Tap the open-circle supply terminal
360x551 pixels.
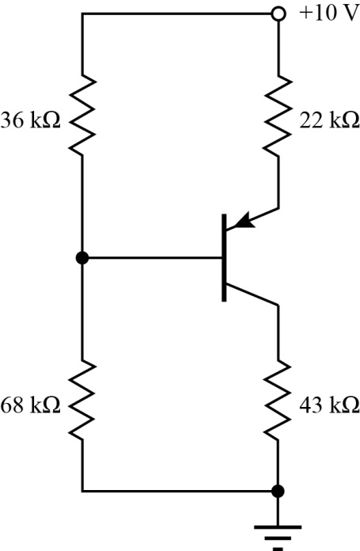click(x=278, y=14)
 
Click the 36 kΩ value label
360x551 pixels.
click(x=33, y=123)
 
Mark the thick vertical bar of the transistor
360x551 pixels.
click(x=225, y=257)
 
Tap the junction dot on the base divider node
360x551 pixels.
click(x=82, y=257)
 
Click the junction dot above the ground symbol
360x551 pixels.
click(x=278, y=491)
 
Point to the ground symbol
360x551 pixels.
click(x=278, y=530)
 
